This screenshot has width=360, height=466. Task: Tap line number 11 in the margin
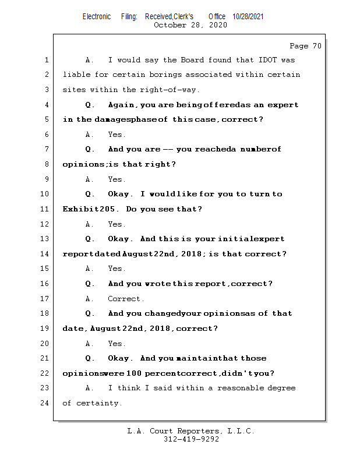46,209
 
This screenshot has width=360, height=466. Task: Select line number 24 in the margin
46,403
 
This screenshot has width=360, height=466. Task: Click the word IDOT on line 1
260,60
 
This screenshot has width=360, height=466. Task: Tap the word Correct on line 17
125,299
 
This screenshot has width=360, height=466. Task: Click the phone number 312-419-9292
191,440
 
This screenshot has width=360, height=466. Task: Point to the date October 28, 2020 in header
190,25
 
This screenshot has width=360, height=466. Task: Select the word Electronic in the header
96,16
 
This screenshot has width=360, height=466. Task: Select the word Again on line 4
122,105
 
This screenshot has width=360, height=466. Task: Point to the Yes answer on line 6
117,135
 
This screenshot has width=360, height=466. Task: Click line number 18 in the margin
46,313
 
